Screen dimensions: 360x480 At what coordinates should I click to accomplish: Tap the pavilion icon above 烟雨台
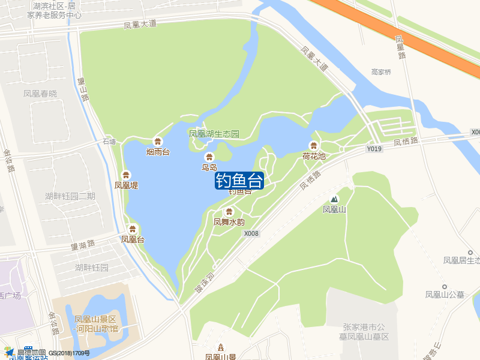click(158, 142)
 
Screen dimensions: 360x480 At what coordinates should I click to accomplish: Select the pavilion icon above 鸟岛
click(209, 157)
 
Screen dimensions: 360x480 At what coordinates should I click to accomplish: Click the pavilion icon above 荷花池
click(313, 145)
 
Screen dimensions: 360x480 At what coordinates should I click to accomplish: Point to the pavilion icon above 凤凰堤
click(126, 175)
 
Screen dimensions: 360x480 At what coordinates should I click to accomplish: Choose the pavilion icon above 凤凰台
click(133, 229)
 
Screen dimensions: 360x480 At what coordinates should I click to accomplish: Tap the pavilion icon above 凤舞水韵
click(229, 211)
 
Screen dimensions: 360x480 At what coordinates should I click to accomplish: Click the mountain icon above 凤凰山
click(334, 199)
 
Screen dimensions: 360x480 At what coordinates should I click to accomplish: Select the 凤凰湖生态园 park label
click(214, 133)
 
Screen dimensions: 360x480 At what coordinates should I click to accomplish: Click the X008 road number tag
click(252, 233)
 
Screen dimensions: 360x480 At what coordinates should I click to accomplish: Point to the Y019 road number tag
click(374, 148)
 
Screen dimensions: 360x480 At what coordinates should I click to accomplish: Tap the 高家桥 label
click(381, 72)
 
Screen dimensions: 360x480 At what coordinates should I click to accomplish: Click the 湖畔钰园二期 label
click(70, 196)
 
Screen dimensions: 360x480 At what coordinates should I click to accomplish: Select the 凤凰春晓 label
click(40, 94)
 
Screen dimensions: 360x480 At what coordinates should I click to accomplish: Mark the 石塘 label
click(109, 142)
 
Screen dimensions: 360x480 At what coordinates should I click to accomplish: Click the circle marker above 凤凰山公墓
click(445, 287)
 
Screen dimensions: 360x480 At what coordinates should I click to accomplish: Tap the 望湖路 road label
click(83, 244)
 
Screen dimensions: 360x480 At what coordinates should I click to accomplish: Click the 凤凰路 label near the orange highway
click(401, 47)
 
